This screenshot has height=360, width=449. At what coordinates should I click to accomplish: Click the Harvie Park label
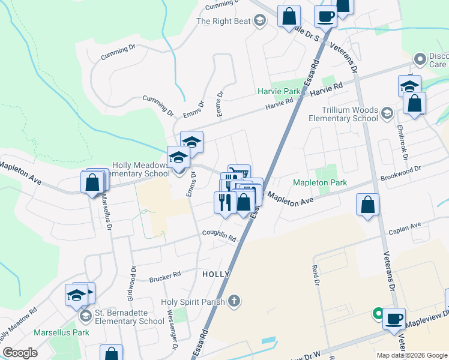[x=279, y=92]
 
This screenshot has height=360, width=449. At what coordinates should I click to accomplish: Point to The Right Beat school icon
[x=259, y=22]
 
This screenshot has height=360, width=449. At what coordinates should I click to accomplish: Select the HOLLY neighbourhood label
[x=216, y=274]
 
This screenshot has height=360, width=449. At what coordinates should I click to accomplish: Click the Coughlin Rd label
[x=219, y=236]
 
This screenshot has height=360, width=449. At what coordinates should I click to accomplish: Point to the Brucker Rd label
[x=165, y=277]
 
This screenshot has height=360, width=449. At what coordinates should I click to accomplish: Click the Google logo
[x=20, y=353]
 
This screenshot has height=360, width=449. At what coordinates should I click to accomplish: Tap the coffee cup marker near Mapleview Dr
[x=394, y=318]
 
